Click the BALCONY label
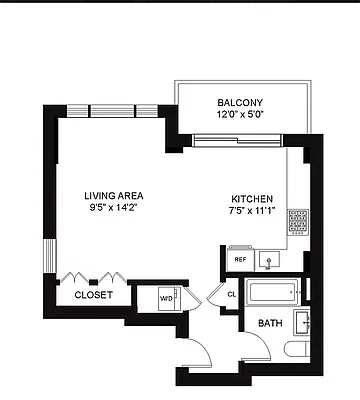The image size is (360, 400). (x=239, y=102)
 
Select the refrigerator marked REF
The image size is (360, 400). (x=240, y=259)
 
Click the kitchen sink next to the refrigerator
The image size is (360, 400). (x=268, y=259)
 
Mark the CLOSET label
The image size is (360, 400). (x=94, y=295)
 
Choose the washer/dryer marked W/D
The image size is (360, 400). (x=166, y=296)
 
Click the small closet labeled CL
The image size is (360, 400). (x=231, y=294)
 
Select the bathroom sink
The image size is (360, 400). (x=307, y=322)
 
